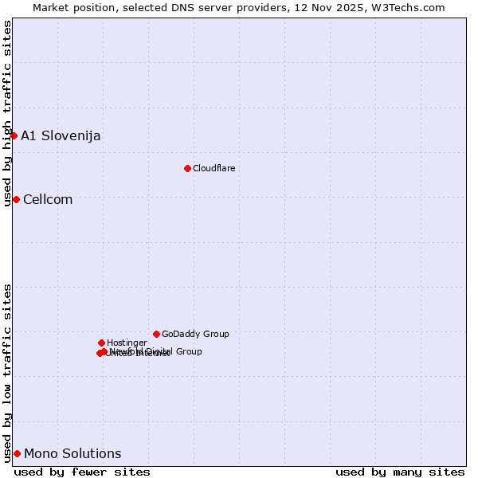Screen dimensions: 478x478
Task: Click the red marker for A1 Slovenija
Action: click(x=14, y=135)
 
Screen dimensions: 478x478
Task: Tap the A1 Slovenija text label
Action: click(x=61, y=135)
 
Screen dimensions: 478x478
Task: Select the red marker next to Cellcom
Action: click(x=16, y=199)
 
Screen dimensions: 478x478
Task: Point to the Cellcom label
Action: click(x=48, y=199)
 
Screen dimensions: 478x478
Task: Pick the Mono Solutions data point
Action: click(x=17, y=453)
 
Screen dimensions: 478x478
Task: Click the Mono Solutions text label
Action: click(x=72, y=454)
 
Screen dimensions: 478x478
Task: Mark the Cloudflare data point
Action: click(x=187, y=168)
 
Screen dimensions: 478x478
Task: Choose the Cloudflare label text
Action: click(x=214, y=168)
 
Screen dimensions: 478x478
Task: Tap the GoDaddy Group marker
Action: click(x=156, y=334)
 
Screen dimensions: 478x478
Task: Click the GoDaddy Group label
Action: click(x=195, y=334)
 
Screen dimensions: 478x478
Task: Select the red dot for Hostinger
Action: click(x=101, y=343)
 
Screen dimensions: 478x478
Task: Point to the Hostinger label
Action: click(x=127, y=343)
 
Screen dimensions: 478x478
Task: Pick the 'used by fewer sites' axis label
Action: click(x=82, y=472)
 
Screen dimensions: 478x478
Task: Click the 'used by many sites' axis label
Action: click(x=400, y=472)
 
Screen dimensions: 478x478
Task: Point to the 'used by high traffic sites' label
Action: click(x=7, y=113)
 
